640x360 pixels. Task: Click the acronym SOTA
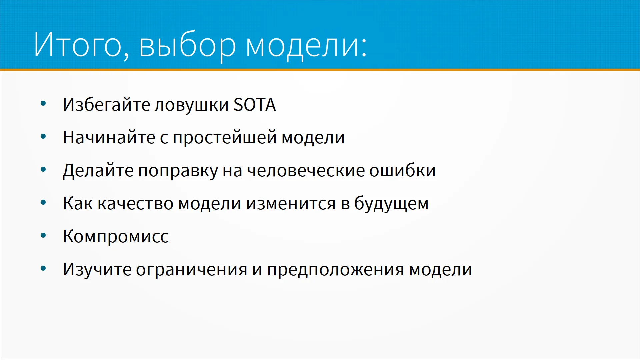tap(254, 105)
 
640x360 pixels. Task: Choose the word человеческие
tap(306, 171)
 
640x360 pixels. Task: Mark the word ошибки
tap(402, 170)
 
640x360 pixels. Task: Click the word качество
tap(135, 203)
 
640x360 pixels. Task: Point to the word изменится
tap(291, 203)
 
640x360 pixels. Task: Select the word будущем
tap(391, 203)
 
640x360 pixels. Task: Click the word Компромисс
tap(116, 236)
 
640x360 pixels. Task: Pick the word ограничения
tap(192, 270)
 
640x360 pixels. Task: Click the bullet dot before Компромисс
tap(43, 236)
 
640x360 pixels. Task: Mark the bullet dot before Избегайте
tap(43, 104)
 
